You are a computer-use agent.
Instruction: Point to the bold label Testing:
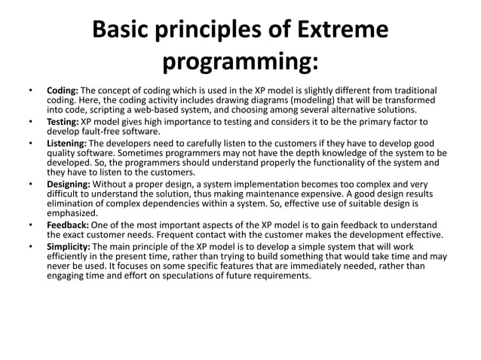pos(63,121)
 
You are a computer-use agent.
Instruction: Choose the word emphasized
pos(72,213)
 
